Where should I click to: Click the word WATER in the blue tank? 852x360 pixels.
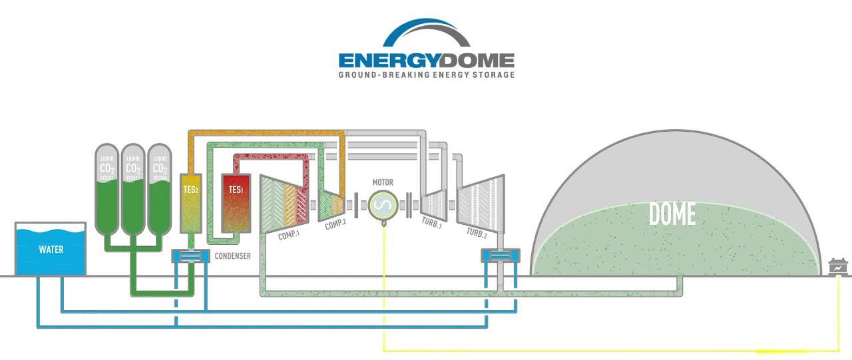[x=51, y=250]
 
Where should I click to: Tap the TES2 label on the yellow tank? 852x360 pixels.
[x=190, y=190]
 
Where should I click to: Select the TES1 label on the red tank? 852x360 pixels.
[x=236, y=190]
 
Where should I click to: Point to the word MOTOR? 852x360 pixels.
[x=383, y=182]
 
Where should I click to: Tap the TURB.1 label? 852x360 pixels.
[x=432, y=226]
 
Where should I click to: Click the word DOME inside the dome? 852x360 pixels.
[x=672, y=214]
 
